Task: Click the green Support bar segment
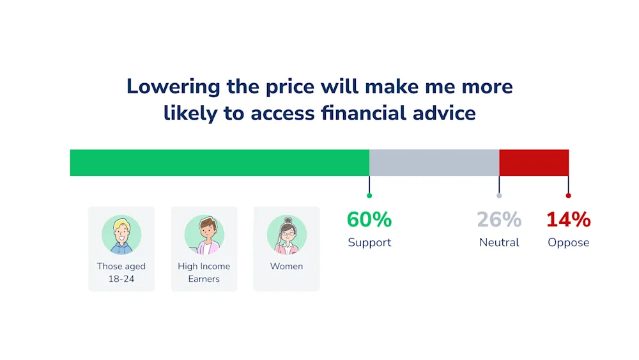click(x=220, y=162)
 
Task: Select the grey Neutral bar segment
click(x=435, y=162)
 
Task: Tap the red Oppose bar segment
click(x=534, y=162)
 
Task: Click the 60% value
click(x=369, y=219)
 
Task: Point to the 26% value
click(x=499, y=219)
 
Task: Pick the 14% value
click(x=569, y=219)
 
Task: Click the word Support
click(x=369, y=242)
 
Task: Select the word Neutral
click(x=499, y=242)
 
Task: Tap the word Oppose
click(x=569, y=242)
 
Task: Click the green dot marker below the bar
click(x=369, y=196)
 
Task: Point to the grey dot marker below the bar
click(x=499, y=196)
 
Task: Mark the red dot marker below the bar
click(x=569, y=196)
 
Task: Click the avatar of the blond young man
click(x=121, y=235)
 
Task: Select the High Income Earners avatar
click(x=204, y=235)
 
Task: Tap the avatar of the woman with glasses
click(x=287, y=235)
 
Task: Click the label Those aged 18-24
click(x=121, y=272)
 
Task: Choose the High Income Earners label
click(x=204, y=272)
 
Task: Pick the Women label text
click(x=286, y=266)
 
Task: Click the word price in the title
click(x=290, y=87)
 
